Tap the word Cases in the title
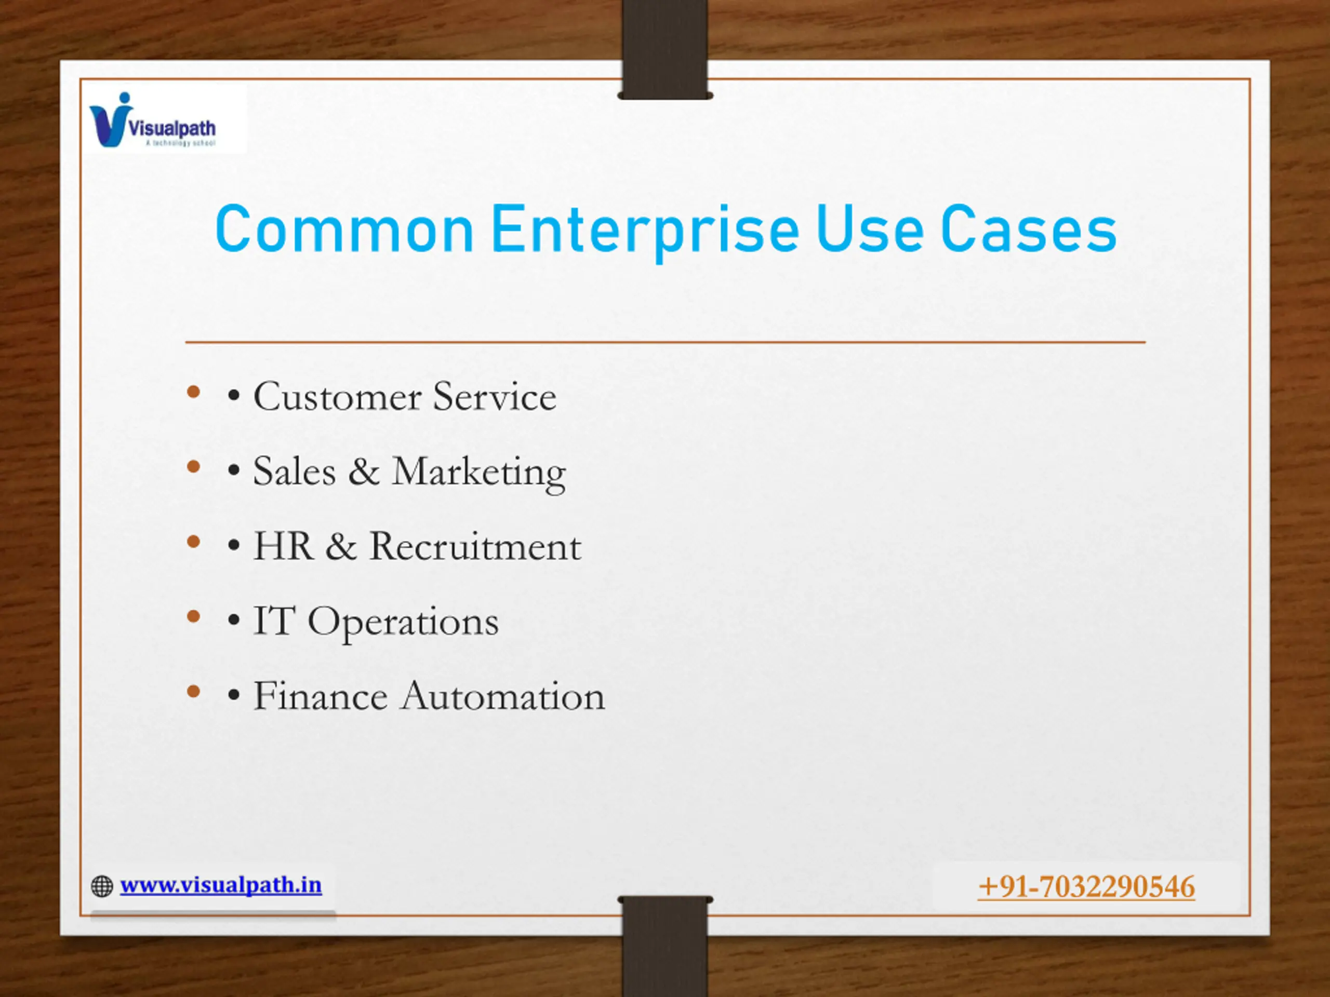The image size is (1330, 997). click(x=1029, y=229)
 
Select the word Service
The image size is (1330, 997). click(x=495, y=397)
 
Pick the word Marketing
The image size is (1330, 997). click(x=479, y=474)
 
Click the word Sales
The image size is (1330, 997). click(x=294, y=471)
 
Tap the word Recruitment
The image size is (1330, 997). click(x=475, y=546)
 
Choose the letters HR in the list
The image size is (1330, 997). click(x=283, y=546)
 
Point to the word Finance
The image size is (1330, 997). click(x=321, y=696)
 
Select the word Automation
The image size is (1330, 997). click(x=503, y=696)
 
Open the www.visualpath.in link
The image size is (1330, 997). click(x=221, y=885)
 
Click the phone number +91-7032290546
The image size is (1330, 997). click(x=1086, y=887)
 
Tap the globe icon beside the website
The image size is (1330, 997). click(x=102, y=886)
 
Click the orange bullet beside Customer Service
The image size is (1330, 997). click(x=194, y=393)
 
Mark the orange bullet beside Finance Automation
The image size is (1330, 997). click(x=194, y=692)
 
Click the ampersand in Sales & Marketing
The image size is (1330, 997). click(x=364, y=471)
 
